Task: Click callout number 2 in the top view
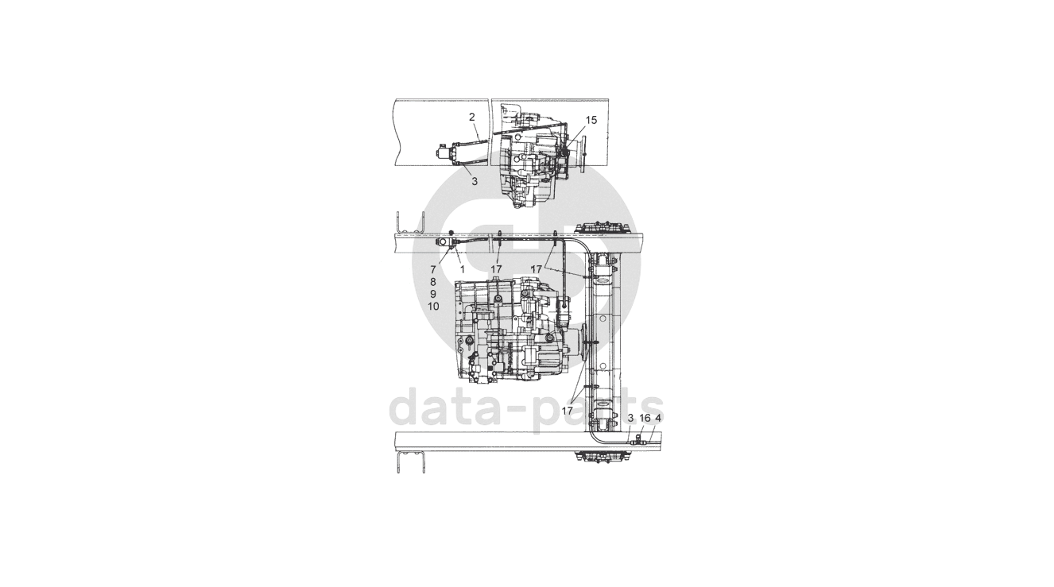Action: click(472, 117)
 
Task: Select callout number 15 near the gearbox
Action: click(591, 120)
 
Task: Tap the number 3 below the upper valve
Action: click(475, 180)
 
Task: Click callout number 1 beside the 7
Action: click(462, 269)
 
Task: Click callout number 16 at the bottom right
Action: click(645, 418)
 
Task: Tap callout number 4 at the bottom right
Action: click(658, 418)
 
